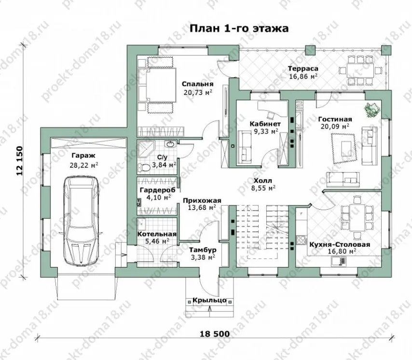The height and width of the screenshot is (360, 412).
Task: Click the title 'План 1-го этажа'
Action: pyautogui.click(x=239, y=28)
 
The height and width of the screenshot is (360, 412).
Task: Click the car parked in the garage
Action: pyautogui.click(x=81, y=221)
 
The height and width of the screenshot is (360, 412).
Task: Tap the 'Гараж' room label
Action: pyautogui.click(x=83, y=156)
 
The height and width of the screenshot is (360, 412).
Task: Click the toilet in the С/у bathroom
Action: pyautogui.click(x=143, y=168)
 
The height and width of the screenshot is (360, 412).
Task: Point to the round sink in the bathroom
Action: pyautogui.click(x=170, y=144)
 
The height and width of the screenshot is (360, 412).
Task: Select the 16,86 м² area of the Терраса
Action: pyautogui.click(x=303, y=76)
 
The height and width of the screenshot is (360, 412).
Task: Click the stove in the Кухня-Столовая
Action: pyautogui.click(x=302, y=240)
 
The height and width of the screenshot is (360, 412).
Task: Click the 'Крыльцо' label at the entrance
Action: pyautogui.click(x=209, y=300)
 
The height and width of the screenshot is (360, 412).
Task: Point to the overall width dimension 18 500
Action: pyautogui.click(x=215, y=334)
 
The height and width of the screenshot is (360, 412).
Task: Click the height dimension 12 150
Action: pyautogui.click(x=19, y=161)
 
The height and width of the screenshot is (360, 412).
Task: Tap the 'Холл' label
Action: pyautogui.click(x=263, y=181)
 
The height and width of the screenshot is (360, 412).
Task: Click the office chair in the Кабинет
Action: pyautogui.click(x=270, y=115)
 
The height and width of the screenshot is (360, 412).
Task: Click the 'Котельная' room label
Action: pyautogui.click(x=157, y=234)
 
